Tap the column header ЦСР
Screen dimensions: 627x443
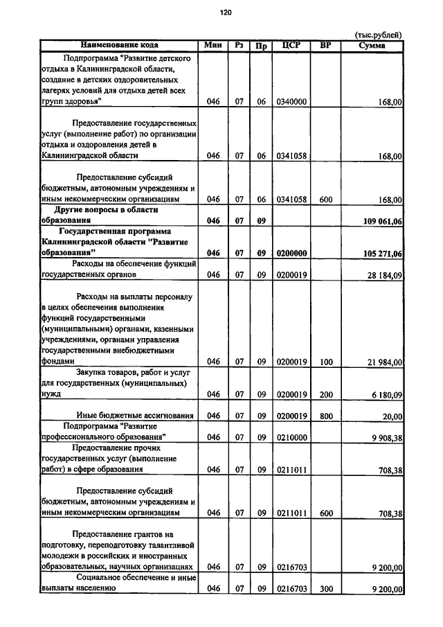click(x=291, y=46)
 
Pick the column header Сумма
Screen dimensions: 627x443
click(x=372, y=46)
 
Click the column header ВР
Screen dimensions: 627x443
click(x=326, y=46)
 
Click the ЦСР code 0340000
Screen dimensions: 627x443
click(x=291, y=102)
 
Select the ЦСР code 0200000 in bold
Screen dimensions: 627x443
click(x=291, y=254)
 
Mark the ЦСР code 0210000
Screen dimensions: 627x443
click(x=291, y=437)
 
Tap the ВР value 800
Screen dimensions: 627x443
click(x=326, y=416)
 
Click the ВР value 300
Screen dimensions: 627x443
click(x=326, y=589)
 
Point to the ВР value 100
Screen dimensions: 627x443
click(x=326, y=362)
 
